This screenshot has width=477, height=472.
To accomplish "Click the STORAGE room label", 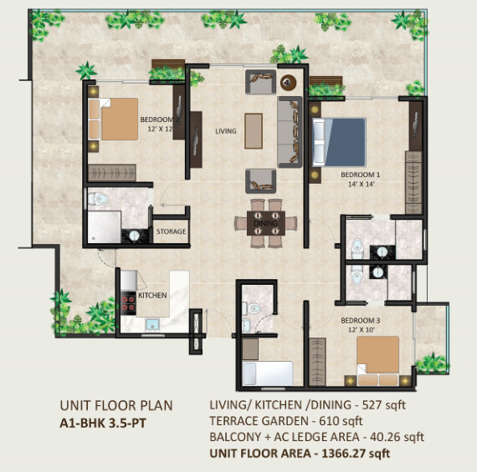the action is coord(171,231).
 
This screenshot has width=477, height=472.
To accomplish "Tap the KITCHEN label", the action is coord(152,295).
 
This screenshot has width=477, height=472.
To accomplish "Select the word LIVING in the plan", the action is coord(226,131).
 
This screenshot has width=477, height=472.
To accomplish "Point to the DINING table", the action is coord(266,223).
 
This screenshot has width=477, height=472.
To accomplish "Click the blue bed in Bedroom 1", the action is coord(339,142).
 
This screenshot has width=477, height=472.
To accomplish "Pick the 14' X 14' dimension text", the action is coord(361,184).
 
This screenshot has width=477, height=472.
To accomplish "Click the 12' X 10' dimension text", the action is coord(361,330).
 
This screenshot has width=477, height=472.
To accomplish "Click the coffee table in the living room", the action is coord(254,131).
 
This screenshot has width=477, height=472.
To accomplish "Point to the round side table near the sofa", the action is coord(288,83).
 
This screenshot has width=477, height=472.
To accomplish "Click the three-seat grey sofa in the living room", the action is coord(290,132).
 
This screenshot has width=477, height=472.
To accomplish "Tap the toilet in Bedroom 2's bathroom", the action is coord(99,199).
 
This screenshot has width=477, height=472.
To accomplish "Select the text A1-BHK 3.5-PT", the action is coord(103,423).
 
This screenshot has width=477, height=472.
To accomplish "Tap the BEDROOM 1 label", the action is coord(361,175).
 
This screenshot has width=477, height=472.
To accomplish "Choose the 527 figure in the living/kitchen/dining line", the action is coord(372,405).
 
